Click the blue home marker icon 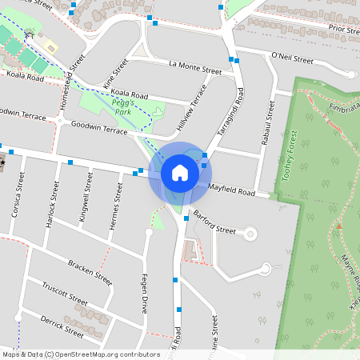tap(180, 173)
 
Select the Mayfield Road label tap(231, 190)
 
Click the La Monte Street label tap(195, 67)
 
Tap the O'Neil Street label tap(292, 58)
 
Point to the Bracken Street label tap(90, 272)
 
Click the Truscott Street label tap(64, 294)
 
